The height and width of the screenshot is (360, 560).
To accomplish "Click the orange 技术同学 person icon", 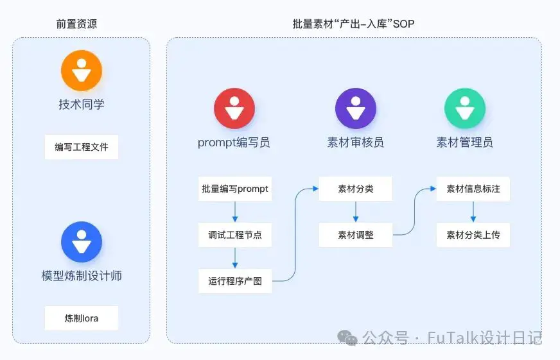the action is [x=82, y=71].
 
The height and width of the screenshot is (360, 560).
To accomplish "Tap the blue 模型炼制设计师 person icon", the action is [x=82, y=242].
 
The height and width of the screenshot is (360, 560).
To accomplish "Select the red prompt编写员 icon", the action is [x=234, y=108].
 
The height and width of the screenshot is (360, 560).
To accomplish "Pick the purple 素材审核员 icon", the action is [x=356, y=108].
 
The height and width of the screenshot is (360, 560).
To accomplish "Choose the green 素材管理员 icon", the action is [x=465, y=108].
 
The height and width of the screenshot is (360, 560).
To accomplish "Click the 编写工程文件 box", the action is [x=82, y=147].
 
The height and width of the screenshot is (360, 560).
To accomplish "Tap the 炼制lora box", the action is [x=82, y=318].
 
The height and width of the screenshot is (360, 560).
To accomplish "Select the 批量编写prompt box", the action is [x=235, y=189].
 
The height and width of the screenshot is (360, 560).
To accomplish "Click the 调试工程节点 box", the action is [x=235, y=235].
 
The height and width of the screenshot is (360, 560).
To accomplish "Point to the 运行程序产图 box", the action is [x=235, y=281].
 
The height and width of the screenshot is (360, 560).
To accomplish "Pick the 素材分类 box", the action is [x=356, y=189].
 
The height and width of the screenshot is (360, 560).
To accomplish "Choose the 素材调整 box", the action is [x=356, y=235].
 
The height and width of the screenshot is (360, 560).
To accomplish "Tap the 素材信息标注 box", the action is [x=473, y=189].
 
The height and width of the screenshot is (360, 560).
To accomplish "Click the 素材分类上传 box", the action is [x=473, y=235].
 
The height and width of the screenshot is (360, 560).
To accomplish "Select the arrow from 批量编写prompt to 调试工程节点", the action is [x=235, y=212].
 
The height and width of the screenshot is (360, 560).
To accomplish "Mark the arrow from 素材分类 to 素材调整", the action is [x=356, y=212].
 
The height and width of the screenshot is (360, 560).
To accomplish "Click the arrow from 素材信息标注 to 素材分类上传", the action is [x=473, y=212].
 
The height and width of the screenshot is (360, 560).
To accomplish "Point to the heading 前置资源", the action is [x=76, y=24].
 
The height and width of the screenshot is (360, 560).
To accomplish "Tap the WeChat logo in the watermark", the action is [x=347, y=338].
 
